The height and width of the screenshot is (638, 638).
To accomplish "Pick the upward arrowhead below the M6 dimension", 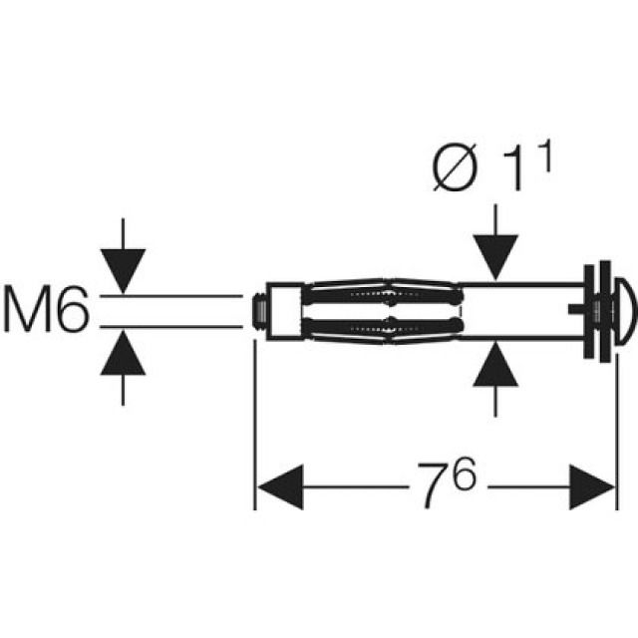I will pyautogui.click(x=123, y=351).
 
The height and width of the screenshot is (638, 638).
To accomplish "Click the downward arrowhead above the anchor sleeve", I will pyautogui.click(x=496, y=257).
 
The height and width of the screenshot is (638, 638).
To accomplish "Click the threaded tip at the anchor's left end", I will pyautogui.click(x=257, y=310).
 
